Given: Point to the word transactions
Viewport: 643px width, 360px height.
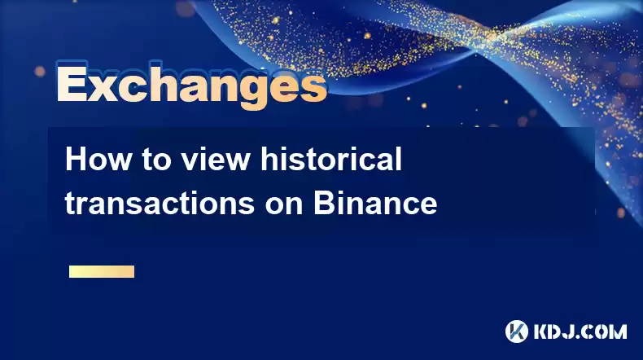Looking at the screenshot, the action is (x=160, y=203).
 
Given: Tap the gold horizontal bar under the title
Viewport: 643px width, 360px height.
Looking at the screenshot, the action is (x=102, y=271).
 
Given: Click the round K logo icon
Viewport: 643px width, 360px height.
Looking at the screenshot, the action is (x=517, y=331).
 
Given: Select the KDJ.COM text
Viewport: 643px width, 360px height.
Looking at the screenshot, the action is (x=580, y=331).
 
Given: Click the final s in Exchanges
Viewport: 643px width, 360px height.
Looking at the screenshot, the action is (x=313, y=88).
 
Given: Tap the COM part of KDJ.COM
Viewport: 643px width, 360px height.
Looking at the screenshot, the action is (x=608, y=331).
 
